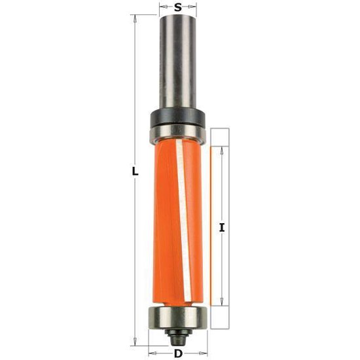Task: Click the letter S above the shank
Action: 178,8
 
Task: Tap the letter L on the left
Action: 135,171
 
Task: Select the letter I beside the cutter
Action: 223,228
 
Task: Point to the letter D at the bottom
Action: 177,354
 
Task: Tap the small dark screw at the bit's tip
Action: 177,336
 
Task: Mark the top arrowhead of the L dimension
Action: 135,19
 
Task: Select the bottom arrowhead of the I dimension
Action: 222,302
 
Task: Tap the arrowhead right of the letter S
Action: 194,8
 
